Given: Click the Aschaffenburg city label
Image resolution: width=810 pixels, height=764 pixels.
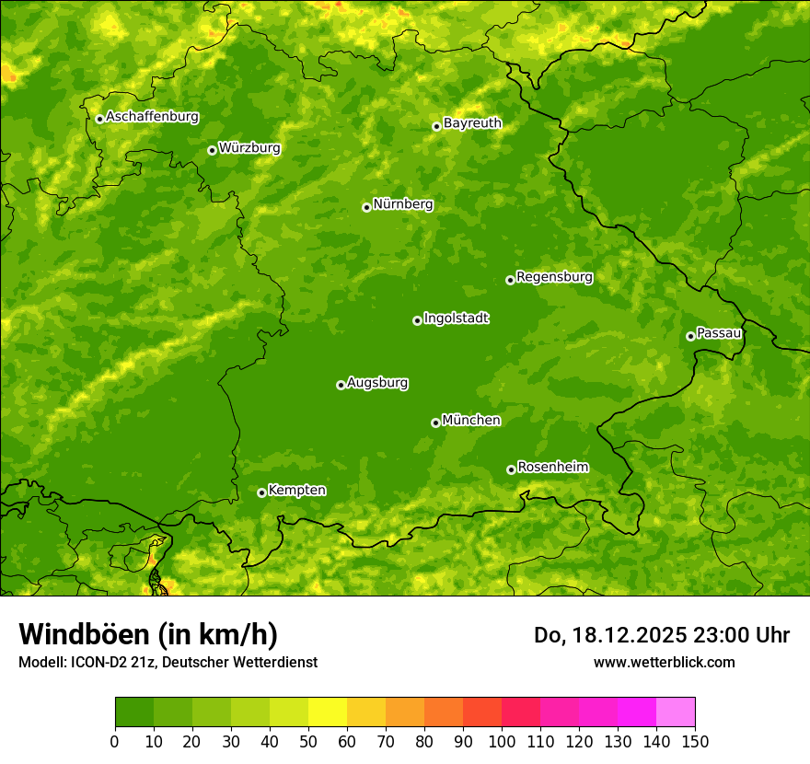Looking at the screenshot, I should [152, 117].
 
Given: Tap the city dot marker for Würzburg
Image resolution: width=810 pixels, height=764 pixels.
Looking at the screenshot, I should [212, 150].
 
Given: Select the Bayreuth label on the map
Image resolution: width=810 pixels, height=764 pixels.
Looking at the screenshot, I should [472, 123].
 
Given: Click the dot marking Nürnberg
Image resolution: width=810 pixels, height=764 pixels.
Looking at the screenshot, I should [366, 207].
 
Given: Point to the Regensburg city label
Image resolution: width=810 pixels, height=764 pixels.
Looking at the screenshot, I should [554, 277].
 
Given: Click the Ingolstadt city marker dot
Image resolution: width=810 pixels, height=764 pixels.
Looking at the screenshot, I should [417, 320].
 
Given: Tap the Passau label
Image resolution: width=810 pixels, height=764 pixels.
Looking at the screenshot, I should [719, 333].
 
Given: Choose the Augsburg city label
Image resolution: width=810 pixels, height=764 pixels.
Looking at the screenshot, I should [377, 383].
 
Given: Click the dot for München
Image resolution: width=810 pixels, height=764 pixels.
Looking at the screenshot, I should [435, 423].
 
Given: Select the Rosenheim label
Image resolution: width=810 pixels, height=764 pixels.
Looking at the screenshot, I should [552, 468].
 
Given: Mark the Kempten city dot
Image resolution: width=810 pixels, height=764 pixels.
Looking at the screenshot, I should [261, 492].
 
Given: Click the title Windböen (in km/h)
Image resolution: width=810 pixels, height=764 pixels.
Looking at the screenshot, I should [148, 634].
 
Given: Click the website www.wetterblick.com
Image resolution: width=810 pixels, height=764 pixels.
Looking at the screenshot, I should [664, 662].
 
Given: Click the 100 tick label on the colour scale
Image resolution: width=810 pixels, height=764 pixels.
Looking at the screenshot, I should [502, 741].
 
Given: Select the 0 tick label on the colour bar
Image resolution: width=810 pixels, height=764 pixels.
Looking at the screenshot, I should [115, 741].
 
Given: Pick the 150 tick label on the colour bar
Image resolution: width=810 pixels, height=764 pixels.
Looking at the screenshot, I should [695, 741].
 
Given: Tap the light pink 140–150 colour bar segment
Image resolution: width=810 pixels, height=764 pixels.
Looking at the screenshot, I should [676, 712].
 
